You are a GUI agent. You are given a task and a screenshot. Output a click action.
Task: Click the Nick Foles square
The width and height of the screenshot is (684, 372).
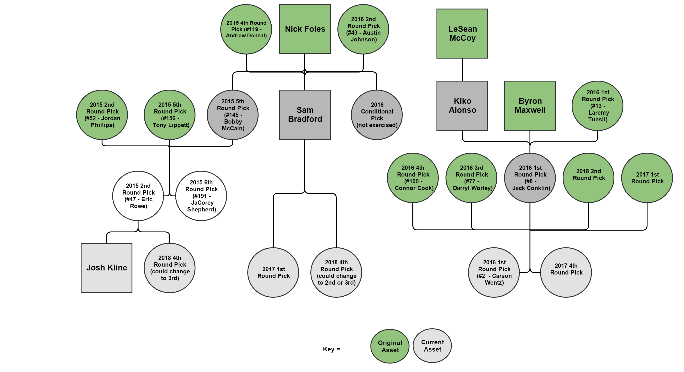pyautogui.click(x=305, y=29)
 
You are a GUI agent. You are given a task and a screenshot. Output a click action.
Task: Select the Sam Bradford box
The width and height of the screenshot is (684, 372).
pyautogui.click(x=305, y=114)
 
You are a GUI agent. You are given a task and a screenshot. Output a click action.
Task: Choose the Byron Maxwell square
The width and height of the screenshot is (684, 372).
pyautogui.click(x=530, y=105)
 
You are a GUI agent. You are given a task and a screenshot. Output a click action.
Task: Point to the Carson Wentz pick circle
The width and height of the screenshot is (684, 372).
pyautogui.click(x=494, y=272)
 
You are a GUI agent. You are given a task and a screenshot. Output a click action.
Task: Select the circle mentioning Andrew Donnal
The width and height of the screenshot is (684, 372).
pyautogui.click(x=246, y=29)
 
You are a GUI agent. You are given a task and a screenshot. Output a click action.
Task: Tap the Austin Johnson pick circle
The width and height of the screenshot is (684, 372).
pyautogui.click(x=363, y=29)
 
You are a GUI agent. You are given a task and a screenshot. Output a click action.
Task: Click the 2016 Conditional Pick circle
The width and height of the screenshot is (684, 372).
pyautogui.click(x=377, y=115)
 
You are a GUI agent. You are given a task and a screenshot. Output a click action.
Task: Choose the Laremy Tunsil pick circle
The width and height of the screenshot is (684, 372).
pyautogui.click(x=598, y=106)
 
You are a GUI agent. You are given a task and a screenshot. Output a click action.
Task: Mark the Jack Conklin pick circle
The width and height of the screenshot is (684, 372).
pyautogui.click(x=530, y=178)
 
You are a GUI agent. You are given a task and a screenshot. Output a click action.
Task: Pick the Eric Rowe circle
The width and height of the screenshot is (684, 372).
pyautogui.click(x=138, y=196)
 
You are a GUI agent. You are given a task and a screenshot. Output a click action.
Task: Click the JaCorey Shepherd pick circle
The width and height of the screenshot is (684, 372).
pyautogui.click(x=201, y=196)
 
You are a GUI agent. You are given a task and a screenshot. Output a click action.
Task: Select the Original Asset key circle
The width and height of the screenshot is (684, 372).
pyautogui.click(x=390, y=346)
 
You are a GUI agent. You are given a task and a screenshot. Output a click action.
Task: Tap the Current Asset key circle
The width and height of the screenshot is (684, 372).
pyautogui.click(x=432, y=345)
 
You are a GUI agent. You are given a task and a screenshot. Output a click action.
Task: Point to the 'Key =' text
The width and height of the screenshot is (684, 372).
pyautogui.click(x=331, y=349)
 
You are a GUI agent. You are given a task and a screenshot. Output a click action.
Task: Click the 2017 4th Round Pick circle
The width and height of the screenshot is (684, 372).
pyautogui.click(x=566, y=272)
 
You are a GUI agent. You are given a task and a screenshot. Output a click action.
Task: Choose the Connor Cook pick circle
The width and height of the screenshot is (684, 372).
pyautogui.click(x=413, y=178)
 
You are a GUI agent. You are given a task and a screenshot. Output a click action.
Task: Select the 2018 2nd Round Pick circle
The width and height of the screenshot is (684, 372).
pyautogui.click(x=589, y=178)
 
